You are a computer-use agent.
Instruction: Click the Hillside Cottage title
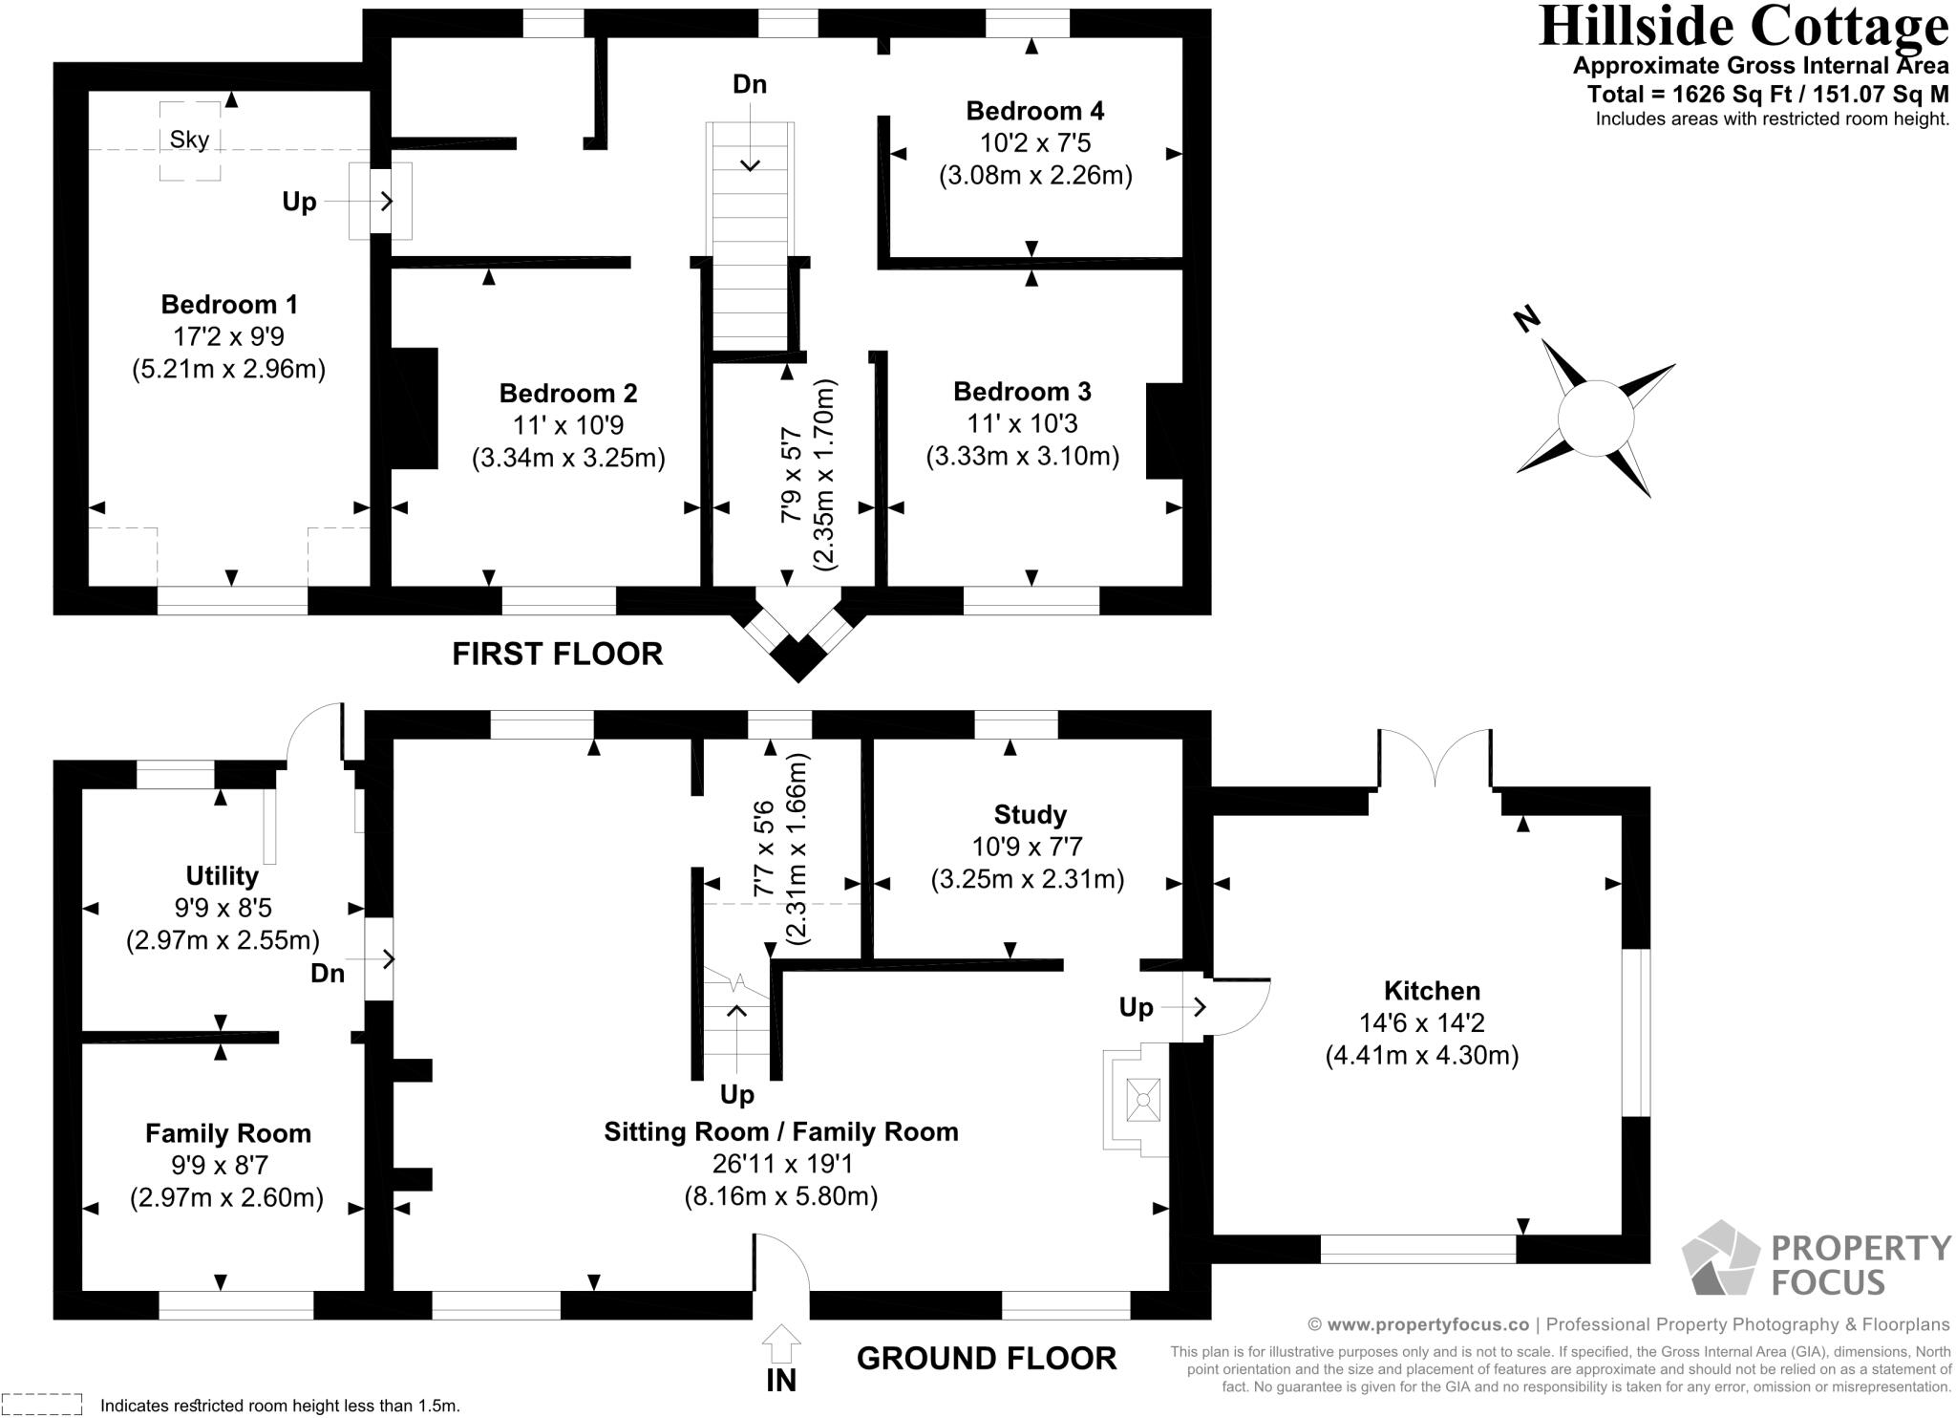pos(1743,27)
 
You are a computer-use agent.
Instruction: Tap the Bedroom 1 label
pos(229,305)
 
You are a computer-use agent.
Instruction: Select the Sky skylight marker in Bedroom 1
pos(189,140)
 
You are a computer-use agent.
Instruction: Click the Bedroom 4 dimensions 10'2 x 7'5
pos(1035,143)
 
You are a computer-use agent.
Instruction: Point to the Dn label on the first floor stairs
pos(750,85)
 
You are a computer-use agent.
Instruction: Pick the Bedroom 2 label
pos(568,393)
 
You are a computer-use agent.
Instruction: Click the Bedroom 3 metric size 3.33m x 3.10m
pos(1022,456)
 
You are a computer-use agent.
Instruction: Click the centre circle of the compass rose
pos(1595,419)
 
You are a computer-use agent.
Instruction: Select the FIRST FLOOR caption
pos(557,654)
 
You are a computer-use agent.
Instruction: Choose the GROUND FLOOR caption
pos(987,1358)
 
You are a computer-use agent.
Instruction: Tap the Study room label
pos(1030,814)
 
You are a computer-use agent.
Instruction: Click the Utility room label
pos(223,875)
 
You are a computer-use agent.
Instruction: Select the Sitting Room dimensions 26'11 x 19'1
pos(781,1164)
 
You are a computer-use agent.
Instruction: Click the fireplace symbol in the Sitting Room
pos(1142,1100)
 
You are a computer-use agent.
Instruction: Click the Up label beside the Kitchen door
pos(1137,1007)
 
